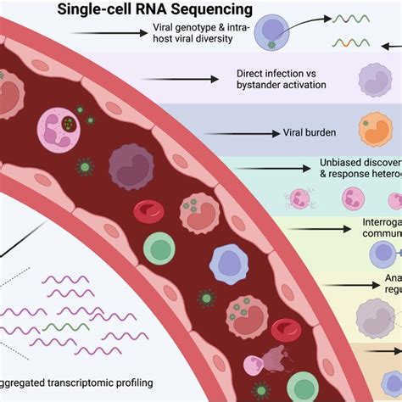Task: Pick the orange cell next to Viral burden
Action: tap(375, 131)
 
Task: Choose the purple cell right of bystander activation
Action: tap(374, 81)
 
